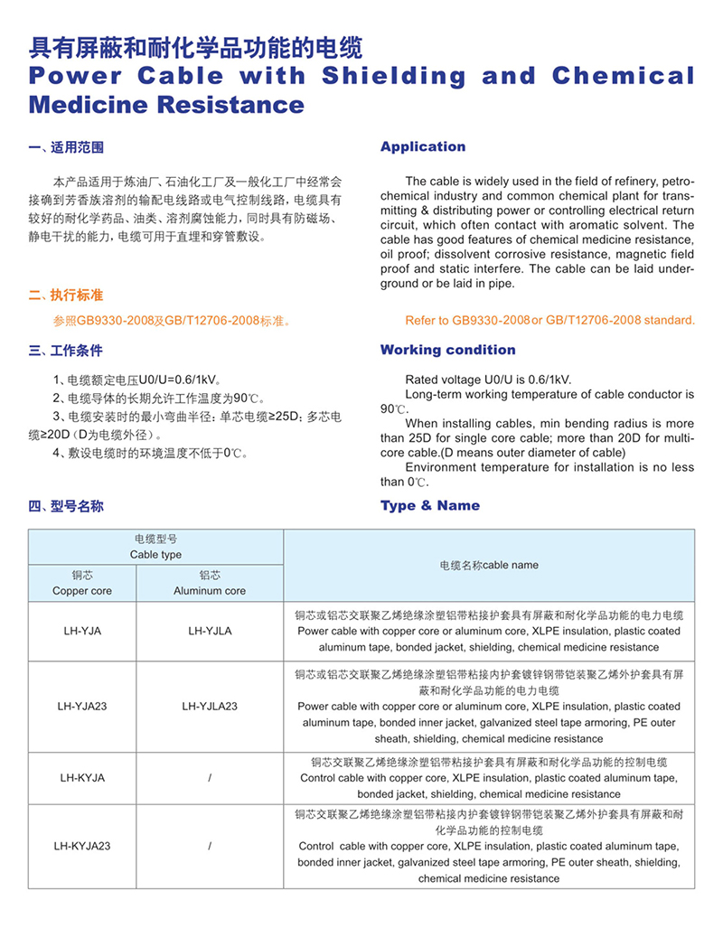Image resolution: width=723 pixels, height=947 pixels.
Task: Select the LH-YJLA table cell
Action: pyautogui.click(x=210, y=631)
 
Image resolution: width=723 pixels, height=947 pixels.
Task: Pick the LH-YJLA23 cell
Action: pyautogui.click(x=210, y=706)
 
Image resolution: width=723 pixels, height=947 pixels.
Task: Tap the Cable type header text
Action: pyautogui.click(x=155, y=555)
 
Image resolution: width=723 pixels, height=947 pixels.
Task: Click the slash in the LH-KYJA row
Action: pyautogui.click(x=210, y=777)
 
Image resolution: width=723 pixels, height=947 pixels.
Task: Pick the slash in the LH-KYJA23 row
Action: pyautogui.click(x=210, y=847)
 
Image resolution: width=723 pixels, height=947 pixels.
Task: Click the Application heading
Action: pyautogui.click(x=423, y=146)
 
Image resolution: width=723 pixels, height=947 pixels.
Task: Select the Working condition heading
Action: pyautogui.click(x=447, y=350)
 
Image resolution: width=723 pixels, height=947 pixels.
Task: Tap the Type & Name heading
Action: pyautogui.click(x=430, y=505)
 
